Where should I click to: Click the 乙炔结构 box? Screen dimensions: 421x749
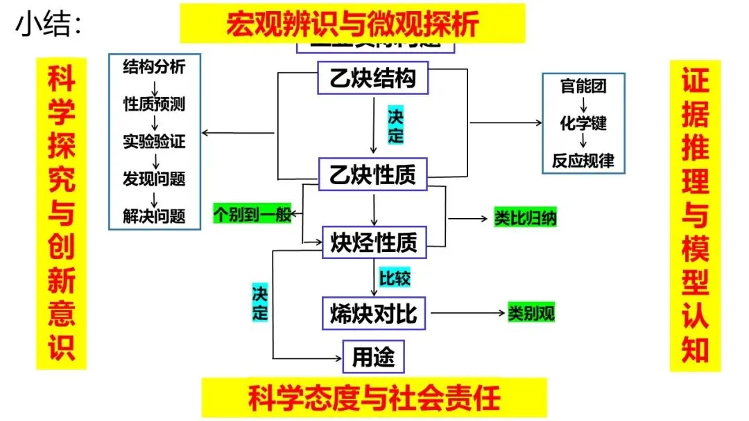coord(373,78)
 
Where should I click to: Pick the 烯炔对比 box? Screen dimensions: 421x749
coord(374,313)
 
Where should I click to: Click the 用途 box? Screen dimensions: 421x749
coord(373,357)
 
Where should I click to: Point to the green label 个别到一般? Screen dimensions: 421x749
coord(252,214)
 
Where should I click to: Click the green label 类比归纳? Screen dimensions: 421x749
coord(526,218)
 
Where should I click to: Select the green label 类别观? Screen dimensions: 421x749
coord(531,313)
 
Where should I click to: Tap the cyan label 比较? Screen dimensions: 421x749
coord(395,278)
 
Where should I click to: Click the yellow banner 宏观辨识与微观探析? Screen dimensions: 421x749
coord(352,24)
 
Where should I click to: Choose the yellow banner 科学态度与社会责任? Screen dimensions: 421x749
coord(374,398)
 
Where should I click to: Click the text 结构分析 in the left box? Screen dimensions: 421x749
coord(154,67)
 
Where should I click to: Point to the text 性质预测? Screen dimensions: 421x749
coord(154,105)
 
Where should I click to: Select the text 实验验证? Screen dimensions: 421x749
coord(154,142)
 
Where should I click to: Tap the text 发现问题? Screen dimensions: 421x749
coord(154,179)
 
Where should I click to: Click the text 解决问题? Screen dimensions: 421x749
coord(154,215)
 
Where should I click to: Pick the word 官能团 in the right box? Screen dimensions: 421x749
coord(583,87)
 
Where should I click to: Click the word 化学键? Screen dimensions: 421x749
coord(583,123)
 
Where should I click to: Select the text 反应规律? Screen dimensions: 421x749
coord(583,161)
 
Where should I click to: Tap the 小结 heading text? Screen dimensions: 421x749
coord(49,24)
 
